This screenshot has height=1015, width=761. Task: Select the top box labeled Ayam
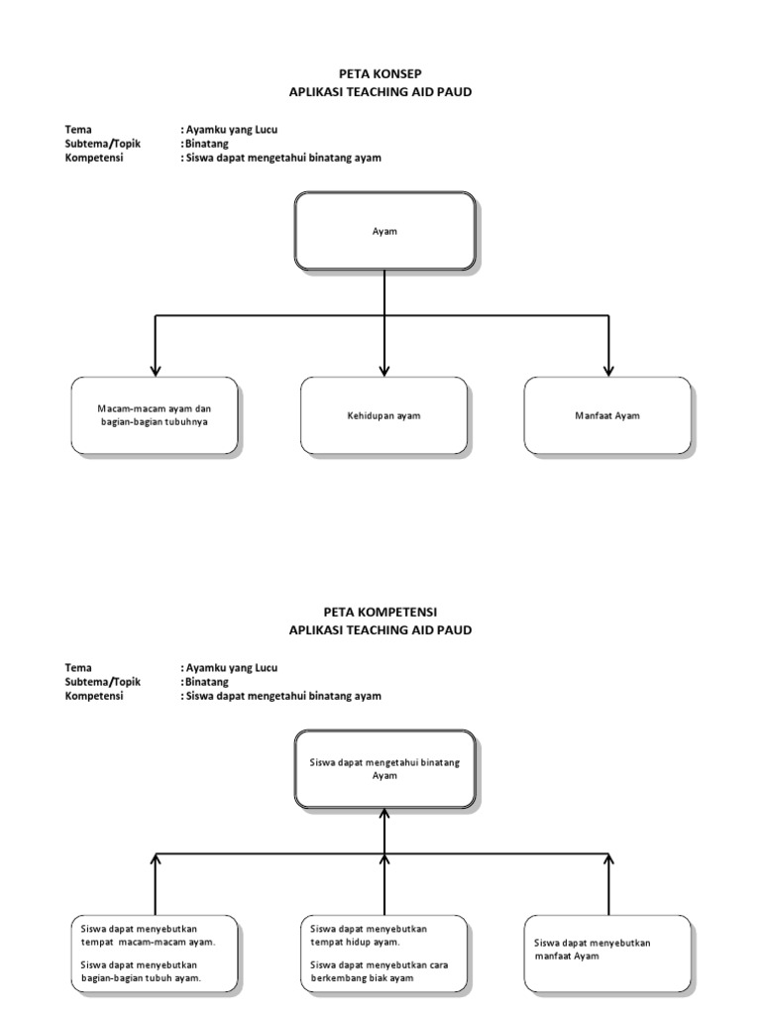(x=384, y=231)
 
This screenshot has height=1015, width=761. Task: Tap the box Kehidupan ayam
(x=384, y=415)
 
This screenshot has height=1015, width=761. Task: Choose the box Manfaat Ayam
(x=607, y=415)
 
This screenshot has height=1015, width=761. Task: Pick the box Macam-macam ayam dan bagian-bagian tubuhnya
(x=155, y=415)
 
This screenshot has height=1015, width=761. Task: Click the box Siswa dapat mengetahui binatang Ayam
(x=384, y=769)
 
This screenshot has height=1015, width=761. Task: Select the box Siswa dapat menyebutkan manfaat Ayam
(x=607, y=951)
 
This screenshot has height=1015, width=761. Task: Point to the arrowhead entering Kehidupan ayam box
(x=384, y=367)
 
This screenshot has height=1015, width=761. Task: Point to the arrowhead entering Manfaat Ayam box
(x=607, y=367)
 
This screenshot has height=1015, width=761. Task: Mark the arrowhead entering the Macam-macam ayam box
(x=155, y=367)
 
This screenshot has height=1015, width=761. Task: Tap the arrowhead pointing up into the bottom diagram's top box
(x=384, y=816)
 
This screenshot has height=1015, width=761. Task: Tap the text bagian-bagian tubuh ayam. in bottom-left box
(x=142, y=978)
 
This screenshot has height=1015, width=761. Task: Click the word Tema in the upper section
(x=78, y=130)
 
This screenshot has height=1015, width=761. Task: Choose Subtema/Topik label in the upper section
(x=103, y=144)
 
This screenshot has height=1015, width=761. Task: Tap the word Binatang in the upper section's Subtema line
(x=206, y=144)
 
